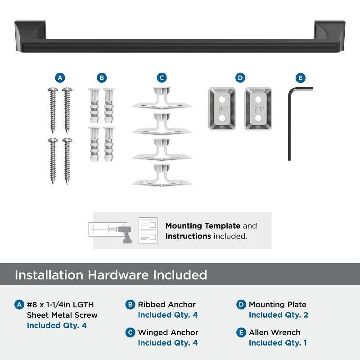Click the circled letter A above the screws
(x=60, y=78)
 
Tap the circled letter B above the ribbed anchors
(x=102, y=78)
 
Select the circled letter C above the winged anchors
(x=162, y=78)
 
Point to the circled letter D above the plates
(x=240, y=78)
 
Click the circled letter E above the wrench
(x=301, y=78)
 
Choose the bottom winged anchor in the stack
(x=162, y=176)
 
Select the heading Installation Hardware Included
(x=111, y=275)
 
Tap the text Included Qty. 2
(x=278, y=315)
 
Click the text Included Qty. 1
(x=278, y=343)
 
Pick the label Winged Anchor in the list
(x=168, y=333)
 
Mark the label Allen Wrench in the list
(x=274, y=333)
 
